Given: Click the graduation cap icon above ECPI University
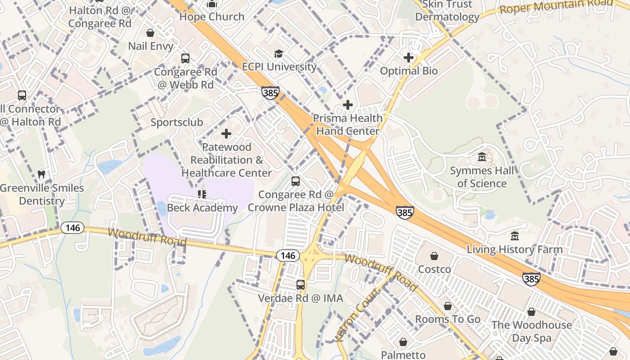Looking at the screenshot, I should [x=279, y=54].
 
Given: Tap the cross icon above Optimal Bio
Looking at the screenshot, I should [x=409, y=58].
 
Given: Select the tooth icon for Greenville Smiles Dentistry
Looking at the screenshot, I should [x=41, y=175].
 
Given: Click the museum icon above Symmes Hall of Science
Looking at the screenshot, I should [x=482, y=157].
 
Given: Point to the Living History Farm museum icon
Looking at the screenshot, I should [x=515, y=236].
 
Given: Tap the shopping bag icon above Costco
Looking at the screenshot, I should [x=434, y=256].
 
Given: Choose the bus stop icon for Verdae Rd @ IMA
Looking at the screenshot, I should [x=301, y=285].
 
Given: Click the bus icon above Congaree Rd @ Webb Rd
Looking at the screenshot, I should [x=185, y=58].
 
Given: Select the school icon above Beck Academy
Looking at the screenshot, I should [x=202, y=194].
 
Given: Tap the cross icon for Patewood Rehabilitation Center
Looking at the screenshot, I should [x=226, y=134].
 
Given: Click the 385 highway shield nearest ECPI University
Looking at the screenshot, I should [x=270, y=93].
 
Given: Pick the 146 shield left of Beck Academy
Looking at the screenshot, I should [x=72, y=228].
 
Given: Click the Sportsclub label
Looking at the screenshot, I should [x=177, y=122].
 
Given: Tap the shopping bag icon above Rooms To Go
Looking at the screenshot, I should [x=448, y=306].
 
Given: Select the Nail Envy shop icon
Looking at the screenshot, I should [x=150, y=33].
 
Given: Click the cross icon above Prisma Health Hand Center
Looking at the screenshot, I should [x=348, y=105].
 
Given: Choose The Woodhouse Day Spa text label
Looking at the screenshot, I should [x=531, y=331].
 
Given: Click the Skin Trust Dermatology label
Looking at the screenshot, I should [x=447, y=11].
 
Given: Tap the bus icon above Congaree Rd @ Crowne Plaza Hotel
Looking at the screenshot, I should [x=296, y=181].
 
